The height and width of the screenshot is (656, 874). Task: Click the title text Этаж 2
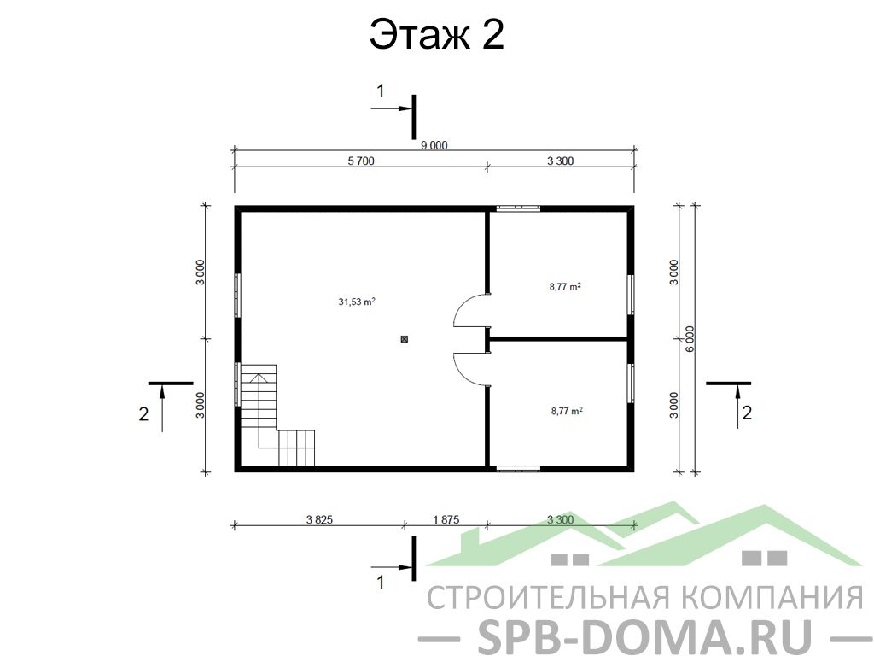[x=437, y=34]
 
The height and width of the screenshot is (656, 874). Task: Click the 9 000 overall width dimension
[x=434, y=145]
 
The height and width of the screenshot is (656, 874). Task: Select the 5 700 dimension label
[x=361, y=161]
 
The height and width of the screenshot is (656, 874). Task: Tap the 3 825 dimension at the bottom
[x=319, y=520]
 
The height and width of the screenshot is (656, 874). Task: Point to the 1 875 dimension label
[x=446, y=520]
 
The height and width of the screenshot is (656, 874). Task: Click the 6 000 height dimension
[x=690, y=338]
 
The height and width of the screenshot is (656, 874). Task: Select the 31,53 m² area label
[x=357, y=302]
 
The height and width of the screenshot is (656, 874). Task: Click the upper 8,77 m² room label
[x=565, y=287]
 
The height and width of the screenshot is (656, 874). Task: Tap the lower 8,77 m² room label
[x=567, y=411]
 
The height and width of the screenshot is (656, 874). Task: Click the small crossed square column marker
[x=405, y=338]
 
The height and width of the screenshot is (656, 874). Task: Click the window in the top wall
[x=518, y=208]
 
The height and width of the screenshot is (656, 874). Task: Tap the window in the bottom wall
[x=518, y=469]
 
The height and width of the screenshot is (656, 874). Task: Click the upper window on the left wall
[x=237, y=295]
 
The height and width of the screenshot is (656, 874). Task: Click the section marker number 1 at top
[x=381, y=91]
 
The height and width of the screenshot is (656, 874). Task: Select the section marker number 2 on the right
[x=747, y=413]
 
